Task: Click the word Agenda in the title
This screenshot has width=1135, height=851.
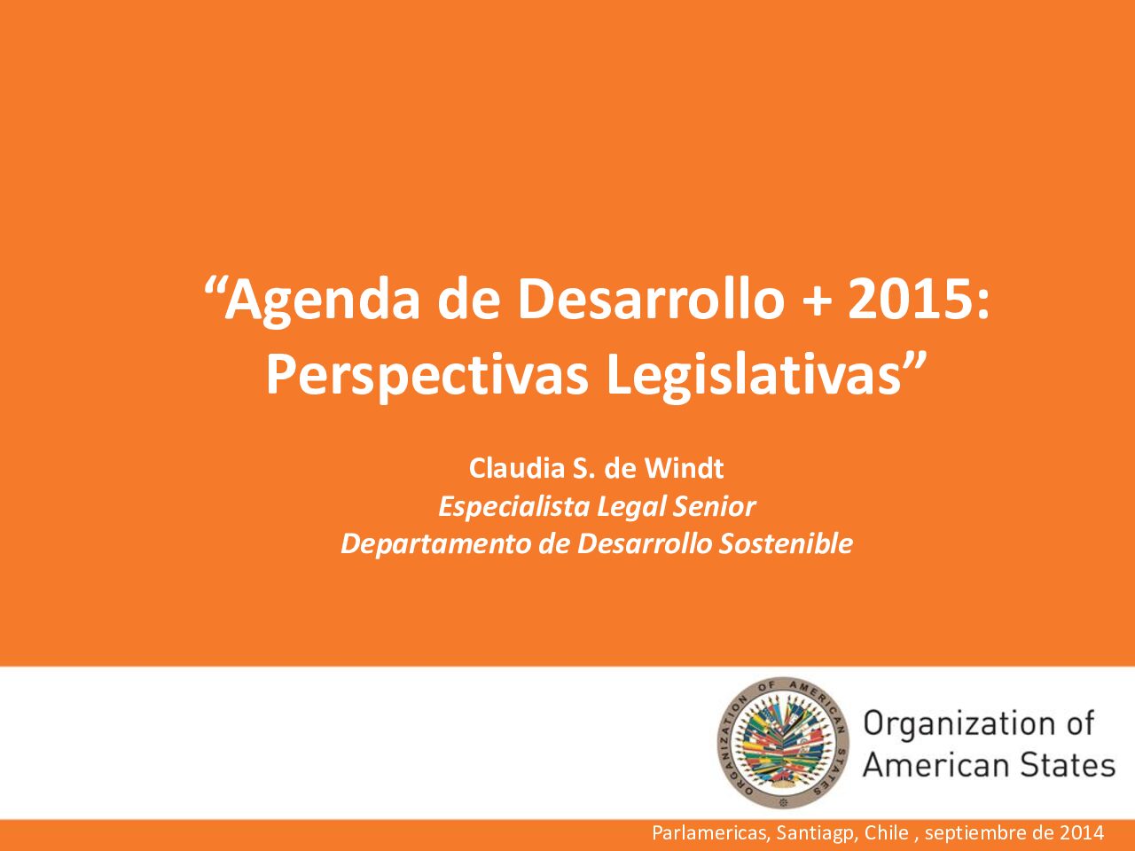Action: pos(322,303)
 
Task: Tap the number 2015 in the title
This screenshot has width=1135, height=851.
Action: pos(911,301)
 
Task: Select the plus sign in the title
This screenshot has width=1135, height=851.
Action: pos(817,302)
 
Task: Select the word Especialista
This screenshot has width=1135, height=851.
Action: pos(514,506)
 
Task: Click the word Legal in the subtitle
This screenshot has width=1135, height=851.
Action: pos(630,507)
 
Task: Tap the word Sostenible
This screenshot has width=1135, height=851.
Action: pos(786,543)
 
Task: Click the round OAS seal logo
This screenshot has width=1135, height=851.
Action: pos(783,743)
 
